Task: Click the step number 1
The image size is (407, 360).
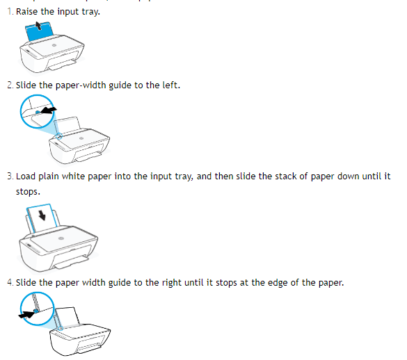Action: [10, 11]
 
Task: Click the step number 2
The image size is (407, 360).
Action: [10, 85]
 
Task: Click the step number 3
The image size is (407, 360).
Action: [10, 176]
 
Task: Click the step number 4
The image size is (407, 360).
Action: [10, 282]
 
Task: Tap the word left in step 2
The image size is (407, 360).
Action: [171, 85]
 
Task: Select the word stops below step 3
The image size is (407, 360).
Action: [28, 192]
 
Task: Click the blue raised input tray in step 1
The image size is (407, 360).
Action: [39, 31]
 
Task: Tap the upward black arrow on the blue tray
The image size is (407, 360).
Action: [38, 26]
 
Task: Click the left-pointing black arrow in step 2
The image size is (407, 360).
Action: [49, 110]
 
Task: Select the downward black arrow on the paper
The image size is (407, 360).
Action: [42, 215]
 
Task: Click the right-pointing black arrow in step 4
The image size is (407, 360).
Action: [26, 315]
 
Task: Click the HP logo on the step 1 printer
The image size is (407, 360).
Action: [54, 45]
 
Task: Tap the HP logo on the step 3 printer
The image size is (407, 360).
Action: [61, 238]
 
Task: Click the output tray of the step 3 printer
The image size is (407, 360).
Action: [72, 261]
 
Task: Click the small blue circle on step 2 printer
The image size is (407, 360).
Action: [59, 136]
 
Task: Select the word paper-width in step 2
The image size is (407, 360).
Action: [81, 85]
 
